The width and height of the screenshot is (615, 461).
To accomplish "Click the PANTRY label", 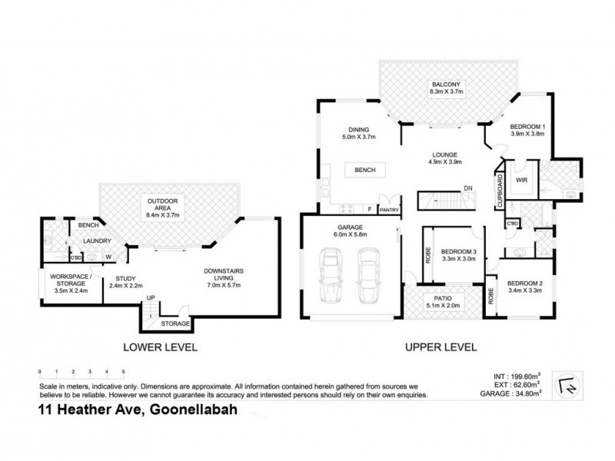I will (389, 209).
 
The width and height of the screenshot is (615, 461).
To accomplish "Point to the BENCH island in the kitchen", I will (364, 170).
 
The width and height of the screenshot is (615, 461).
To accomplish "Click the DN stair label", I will (467, 189).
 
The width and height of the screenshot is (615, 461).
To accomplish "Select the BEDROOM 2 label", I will (526, 283).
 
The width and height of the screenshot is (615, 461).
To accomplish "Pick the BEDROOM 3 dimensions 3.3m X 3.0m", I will (458, 260).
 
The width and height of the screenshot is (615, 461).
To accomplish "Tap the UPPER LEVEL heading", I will (441, 347).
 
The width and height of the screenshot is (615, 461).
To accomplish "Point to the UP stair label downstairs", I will (151, 297).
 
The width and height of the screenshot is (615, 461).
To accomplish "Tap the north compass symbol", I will (570, 382).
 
